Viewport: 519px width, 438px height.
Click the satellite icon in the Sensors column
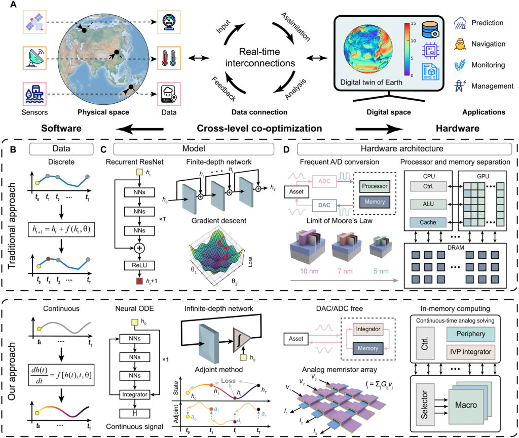point(35,23)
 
